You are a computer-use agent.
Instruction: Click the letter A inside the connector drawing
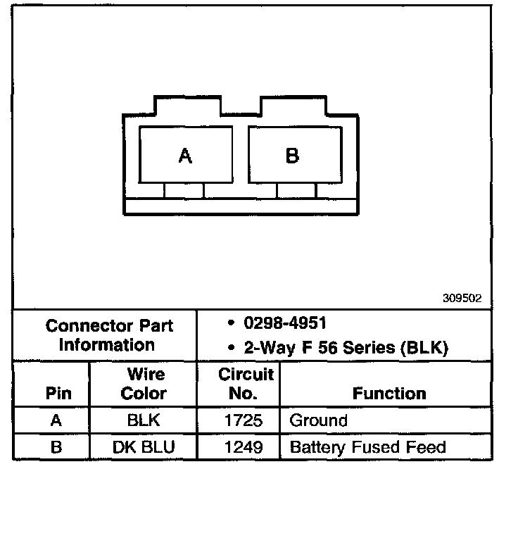tap(185, 156)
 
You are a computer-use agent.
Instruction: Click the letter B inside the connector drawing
tap(292, 156)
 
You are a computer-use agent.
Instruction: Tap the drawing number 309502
tap(462, 298)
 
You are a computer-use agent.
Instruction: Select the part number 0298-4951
tap(285, 323)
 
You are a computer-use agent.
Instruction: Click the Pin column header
tap(58, 393)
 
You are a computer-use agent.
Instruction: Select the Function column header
tap(389, 393)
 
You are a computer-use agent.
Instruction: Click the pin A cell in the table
tap(56, 421)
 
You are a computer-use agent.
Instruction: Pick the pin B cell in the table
tap(56, 447)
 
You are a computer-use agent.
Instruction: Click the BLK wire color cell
tap(144, 421)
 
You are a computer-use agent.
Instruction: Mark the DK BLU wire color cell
tap(144, 447)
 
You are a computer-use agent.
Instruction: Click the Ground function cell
tap(319, 421)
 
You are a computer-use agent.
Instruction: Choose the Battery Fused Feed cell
tap(367, 447)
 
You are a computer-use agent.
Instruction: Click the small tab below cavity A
tap(184, 189)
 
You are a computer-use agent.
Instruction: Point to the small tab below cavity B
tap(296, 189)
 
